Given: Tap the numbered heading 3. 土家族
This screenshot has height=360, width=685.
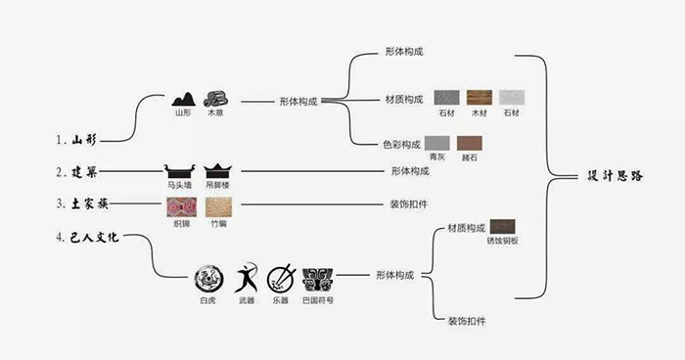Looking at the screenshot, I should pos(80,205).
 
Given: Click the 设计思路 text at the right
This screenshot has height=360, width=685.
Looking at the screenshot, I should pos(615,176).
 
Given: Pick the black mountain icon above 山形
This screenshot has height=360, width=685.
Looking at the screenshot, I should pos(182,98).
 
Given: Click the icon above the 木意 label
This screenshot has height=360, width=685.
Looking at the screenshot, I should pos(215,98).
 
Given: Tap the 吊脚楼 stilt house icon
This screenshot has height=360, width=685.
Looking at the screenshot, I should pos(216,169).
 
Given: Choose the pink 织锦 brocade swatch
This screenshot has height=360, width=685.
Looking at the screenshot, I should pos(182,206).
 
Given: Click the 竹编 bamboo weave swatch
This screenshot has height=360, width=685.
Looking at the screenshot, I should pos(216,206).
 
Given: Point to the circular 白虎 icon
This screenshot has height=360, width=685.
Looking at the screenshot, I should pos(207,279).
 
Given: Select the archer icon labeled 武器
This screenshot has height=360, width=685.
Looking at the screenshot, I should pos(246,279).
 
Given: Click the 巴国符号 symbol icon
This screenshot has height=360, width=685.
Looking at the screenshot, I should pos(318,279).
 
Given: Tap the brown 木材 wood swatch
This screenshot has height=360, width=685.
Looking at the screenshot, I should pos(479,99).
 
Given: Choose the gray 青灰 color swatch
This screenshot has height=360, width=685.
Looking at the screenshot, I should pos(436,143).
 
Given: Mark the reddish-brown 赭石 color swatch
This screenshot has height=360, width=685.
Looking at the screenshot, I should pos(471,143).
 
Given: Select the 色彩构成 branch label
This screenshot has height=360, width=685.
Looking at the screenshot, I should pos(402,144).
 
